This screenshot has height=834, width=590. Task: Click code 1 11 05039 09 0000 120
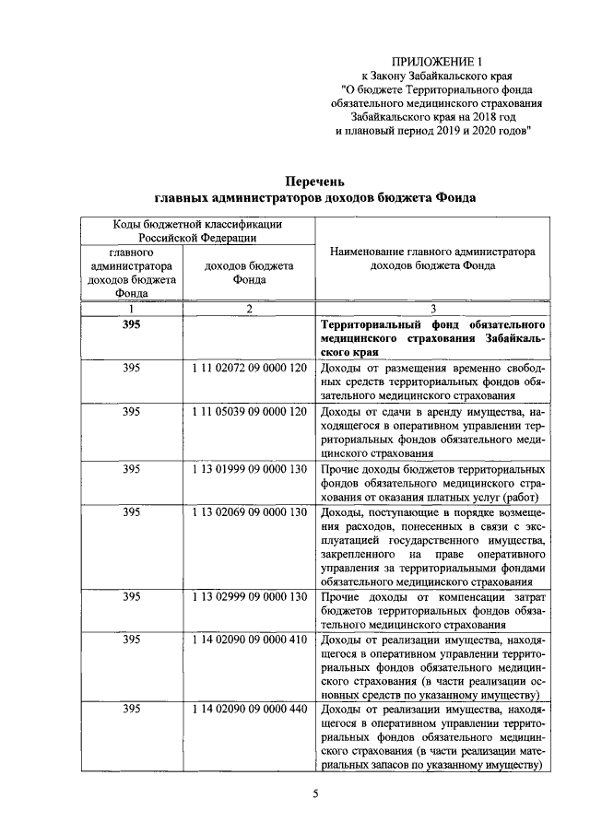pos(249,411)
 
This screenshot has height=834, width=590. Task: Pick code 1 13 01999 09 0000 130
pos(249,468)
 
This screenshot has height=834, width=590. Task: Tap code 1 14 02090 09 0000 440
pos(249,711)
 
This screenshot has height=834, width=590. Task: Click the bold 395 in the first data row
pos(131,325)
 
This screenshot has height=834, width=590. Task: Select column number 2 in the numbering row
pos(249,310)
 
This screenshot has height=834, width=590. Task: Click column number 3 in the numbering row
pos(432,310)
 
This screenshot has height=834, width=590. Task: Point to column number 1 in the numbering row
pos(131,310)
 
